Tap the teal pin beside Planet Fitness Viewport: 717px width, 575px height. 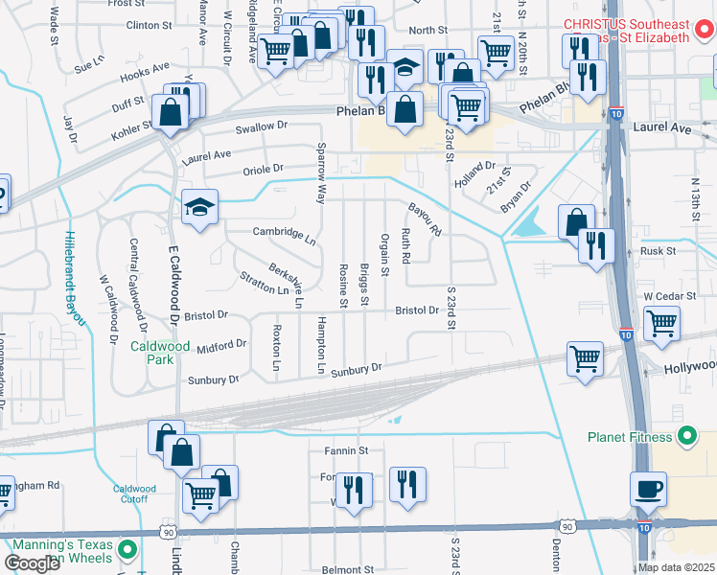pos(685,437)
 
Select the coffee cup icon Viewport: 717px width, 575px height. pos(648,489)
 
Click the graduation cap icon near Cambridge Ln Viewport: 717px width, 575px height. pos(200,207)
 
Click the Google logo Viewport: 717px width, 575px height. pos(32,563)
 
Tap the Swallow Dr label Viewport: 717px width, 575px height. pos(262,126)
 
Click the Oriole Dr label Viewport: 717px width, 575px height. pos(254,170)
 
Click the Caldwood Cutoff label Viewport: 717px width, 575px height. pos(134,494)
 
